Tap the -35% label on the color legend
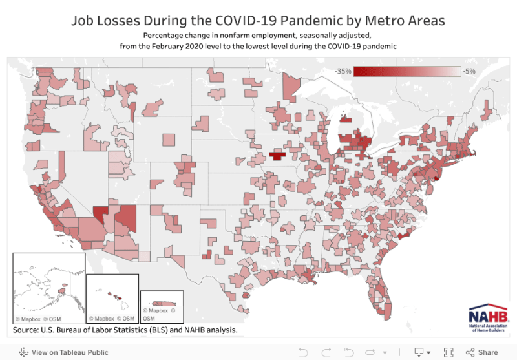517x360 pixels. (x=343, y=71)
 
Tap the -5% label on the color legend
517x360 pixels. (x=469, y=71)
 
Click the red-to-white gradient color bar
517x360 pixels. (x=407, y=71)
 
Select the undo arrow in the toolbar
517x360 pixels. (x=302, y=352)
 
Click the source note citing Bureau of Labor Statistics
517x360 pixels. (x=125, y=330)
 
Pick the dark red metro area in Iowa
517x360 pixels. (x=277, y=156)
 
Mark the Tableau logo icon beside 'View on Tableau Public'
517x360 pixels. (x=23, y=352)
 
